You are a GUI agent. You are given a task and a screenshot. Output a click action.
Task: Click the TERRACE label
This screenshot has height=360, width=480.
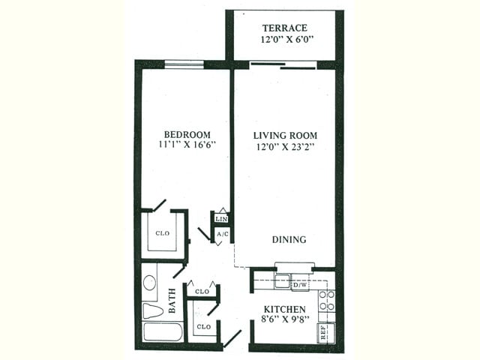pos(283,28)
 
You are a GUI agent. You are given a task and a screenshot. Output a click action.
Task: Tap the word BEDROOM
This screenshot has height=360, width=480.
pos(184,134)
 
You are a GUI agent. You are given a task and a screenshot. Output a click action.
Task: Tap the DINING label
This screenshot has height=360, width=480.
pos(289,240)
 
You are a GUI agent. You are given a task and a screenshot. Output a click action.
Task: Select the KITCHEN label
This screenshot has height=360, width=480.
pos(284,309)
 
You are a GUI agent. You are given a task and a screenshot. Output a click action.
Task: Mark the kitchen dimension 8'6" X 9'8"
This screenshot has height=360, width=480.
pos(284,320)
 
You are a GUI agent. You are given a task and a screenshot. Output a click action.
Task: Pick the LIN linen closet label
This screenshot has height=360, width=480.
pos(221,219)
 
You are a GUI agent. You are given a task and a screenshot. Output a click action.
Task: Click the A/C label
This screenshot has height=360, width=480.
pos(222,234)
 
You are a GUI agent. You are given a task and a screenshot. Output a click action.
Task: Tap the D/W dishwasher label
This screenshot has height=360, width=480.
pos(299,285)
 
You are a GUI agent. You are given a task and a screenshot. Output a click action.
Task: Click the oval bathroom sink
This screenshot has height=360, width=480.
pos(149,283)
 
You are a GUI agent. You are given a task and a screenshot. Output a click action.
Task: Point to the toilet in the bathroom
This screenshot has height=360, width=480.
pos(152,310)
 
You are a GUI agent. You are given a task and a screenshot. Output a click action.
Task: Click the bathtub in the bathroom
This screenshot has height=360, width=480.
pos(162,331)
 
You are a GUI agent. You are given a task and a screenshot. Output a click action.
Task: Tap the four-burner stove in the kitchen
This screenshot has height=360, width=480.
pos(327,301)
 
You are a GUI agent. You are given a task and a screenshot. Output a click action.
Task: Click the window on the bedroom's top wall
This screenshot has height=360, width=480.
pos(184,64)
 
